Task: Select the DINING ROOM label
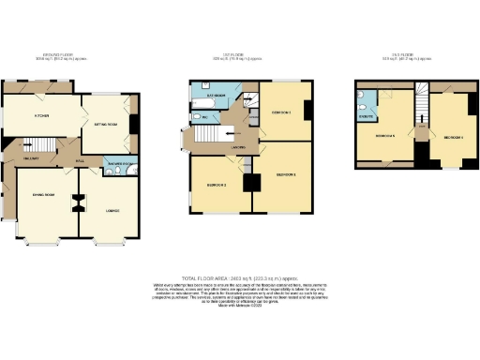pyautogui.click(x=41, y=195)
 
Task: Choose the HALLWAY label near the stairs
pyautogui.click(x=30, y=158)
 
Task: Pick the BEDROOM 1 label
pyautogui.click(x=286, y=175)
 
